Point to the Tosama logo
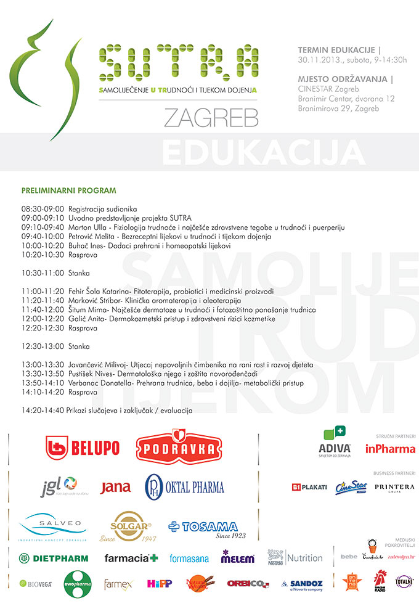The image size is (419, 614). click(x=203, y=528)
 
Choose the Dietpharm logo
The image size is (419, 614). click(x=54, y=558)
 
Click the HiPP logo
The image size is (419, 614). click(x=159, y=583)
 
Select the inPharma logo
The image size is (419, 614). click(x=391, y=448)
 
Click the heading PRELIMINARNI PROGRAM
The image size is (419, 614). click(x=68, y=191)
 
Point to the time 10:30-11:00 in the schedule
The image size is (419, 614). click(x=42, y=272)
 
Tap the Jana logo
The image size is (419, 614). click(x=115, y=487)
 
